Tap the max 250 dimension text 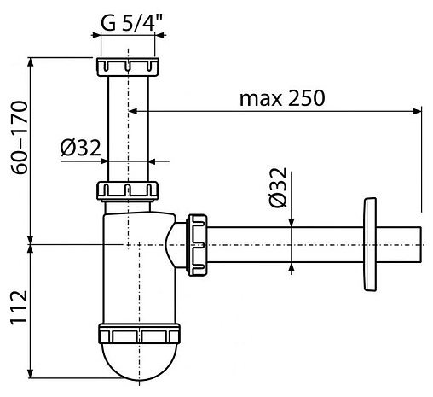click(281, 97)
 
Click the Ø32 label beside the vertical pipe click(81, 147)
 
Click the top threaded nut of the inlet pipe click(129, 67)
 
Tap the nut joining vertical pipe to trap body click(129, 190)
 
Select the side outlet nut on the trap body click(196, 243)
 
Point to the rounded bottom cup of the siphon click(140, 359)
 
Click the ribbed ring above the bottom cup click(140, 333)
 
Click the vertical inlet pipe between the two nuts click(129, 128)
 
